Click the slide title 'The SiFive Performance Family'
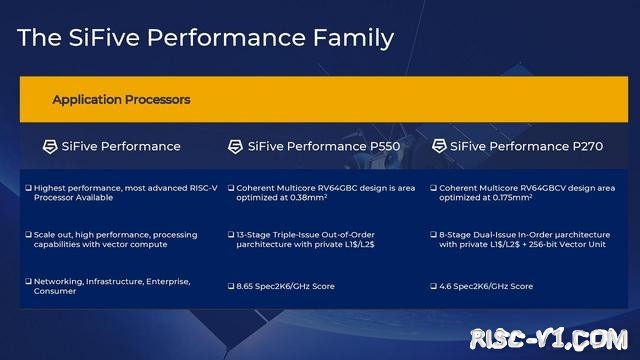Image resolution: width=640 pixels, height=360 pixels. tap(206, 38)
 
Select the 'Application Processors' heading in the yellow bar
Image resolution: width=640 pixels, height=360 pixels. tap(121, 100)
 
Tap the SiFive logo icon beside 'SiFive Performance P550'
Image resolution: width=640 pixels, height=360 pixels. tap(236, 146)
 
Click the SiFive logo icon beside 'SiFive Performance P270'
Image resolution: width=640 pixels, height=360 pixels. tap(439, 146)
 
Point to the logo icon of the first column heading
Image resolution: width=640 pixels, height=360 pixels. tap(51, 146)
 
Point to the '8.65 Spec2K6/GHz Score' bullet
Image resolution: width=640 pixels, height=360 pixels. tap(286, 286)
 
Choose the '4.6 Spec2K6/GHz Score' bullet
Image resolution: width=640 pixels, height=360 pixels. tap(486, 286)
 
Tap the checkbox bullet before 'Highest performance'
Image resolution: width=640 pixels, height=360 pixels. tap(28, 188)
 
